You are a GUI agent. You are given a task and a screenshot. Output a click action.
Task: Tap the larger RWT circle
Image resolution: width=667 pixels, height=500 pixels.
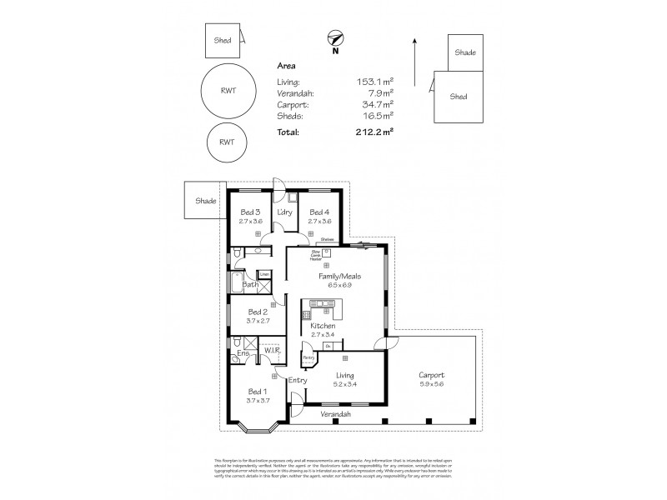pyautogui.click(x=228, y=92)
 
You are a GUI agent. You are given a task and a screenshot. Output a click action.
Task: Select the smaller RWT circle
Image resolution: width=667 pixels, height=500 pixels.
pyautogui.click(x=227, y=142)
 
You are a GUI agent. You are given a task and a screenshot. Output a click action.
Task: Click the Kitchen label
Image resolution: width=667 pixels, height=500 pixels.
pyautogui.click(x=322, y=326)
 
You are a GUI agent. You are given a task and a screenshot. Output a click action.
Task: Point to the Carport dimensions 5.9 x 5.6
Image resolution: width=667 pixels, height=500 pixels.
pyautogui.click(x=432, y=384)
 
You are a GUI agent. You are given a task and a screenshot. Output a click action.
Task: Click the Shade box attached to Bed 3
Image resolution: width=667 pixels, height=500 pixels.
pyautogui.click(x=205, y=201)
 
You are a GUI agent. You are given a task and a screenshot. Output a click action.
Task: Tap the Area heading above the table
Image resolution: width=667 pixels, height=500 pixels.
pyautogui.click(x=286, y=65)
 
